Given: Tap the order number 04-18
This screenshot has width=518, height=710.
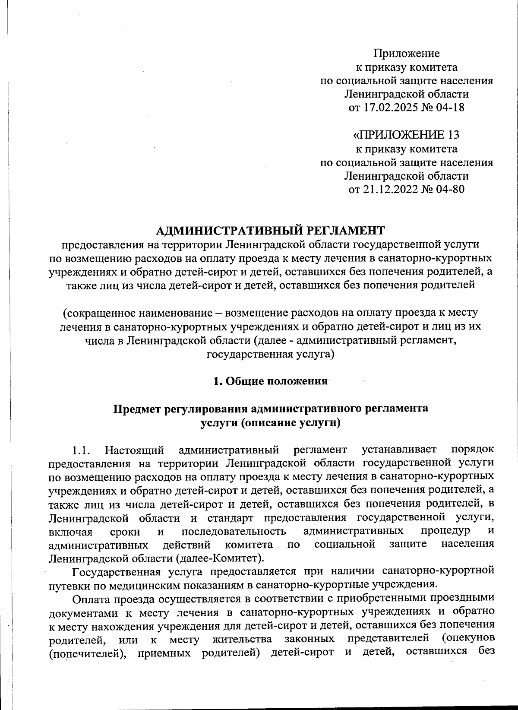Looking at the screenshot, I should (449, 108).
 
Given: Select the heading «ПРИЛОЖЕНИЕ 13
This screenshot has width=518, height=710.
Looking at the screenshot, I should (406, 135).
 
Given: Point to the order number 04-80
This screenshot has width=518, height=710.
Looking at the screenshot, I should (449, 189).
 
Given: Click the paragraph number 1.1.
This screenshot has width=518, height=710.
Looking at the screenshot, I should (81, 451).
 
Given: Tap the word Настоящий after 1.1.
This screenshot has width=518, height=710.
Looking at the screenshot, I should (134, 451).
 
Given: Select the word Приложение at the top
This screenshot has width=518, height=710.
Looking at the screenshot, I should (406, 54).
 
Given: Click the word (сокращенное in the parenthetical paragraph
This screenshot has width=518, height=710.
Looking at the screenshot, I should (100, 312).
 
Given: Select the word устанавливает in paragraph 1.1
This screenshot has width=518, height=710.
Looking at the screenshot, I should (399, 450).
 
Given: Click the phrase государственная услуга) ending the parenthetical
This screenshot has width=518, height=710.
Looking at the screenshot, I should (271, 354).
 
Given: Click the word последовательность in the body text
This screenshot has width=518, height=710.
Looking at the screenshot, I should (233, 531).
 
